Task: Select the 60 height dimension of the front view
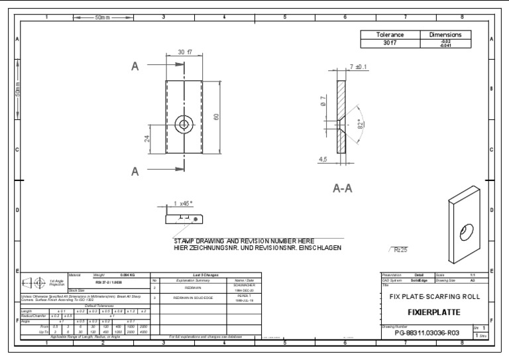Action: click(215, 117)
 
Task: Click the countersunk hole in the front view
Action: click(184, 123)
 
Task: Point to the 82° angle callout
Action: click(359, 124)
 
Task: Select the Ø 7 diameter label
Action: click(323, 102)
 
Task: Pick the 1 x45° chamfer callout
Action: click(183, 204)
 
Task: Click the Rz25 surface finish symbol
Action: click(399, 250)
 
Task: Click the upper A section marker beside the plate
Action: click(135, 66)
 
